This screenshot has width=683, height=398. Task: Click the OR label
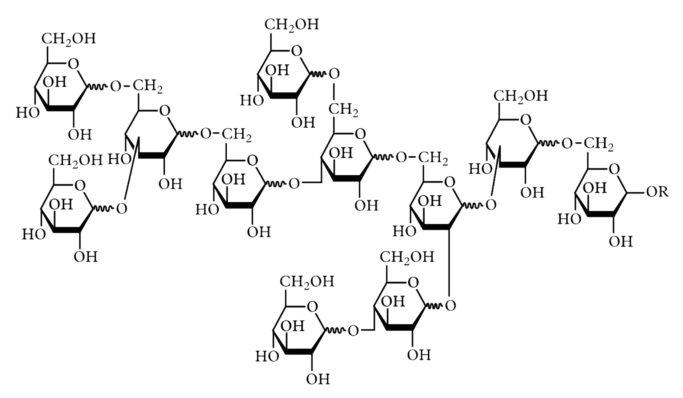pos(657,192)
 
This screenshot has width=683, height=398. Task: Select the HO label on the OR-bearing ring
pos(569,219)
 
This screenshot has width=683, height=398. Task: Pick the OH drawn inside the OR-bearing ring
pos(595,188)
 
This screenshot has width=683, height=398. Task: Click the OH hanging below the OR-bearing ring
pos(621,242)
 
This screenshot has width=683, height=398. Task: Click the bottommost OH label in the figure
pos(318,379)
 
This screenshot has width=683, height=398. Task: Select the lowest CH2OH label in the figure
pos(307,282)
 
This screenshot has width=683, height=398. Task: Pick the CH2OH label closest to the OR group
pos(521,96)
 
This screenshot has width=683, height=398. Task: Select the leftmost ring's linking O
pos(122,209)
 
